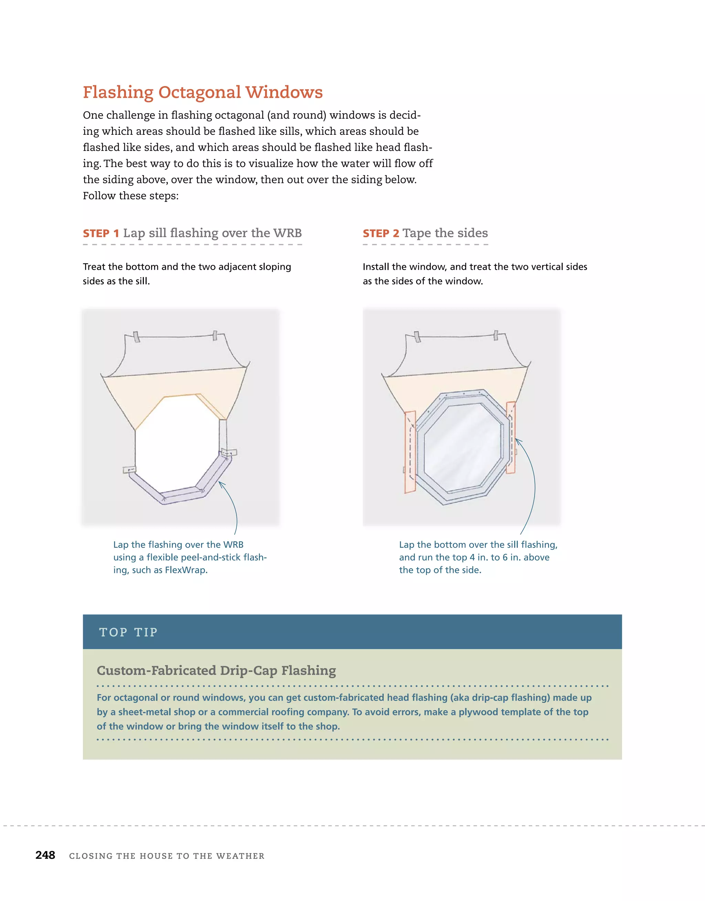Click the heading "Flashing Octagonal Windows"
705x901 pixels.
click(202, 92)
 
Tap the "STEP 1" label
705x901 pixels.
click(101, 234)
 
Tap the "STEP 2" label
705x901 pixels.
click(381, 234)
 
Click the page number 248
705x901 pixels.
click(45, 855)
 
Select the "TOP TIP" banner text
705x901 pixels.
click(128, 632)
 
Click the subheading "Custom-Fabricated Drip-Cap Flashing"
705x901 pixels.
click(216, 670)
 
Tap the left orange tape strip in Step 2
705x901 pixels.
click(410, 452)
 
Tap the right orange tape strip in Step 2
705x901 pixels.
click(511, 437)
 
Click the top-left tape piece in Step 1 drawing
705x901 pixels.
click(136, 337)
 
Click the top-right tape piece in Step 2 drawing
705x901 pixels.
click(496, 335)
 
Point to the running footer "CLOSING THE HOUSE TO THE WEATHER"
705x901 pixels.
click(167, 856)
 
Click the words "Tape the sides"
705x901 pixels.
click(445, 233)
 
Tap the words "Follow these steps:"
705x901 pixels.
click(130, 196)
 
